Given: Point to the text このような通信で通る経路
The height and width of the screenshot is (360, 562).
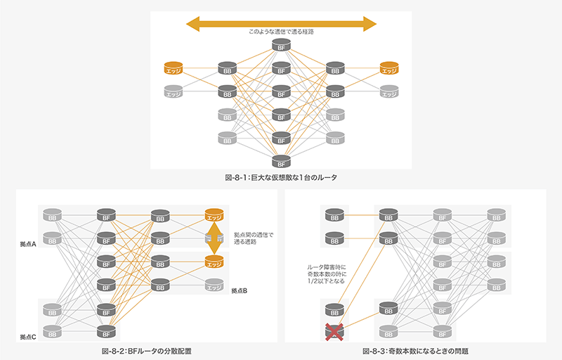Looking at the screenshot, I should [281, 33].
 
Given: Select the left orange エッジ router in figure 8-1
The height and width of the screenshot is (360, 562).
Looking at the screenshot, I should [174, 68].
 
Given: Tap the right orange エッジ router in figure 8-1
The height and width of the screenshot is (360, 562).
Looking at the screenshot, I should [388, 68].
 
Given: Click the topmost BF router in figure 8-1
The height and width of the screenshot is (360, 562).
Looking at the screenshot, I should [281, 46].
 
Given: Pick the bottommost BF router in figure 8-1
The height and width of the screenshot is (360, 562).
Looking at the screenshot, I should [281, 160].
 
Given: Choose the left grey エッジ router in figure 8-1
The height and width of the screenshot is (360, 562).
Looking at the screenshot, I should [174, 91].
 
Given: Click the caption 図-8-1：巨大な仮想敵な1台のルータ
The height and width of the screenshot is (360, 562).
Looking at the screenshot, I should [281, 178].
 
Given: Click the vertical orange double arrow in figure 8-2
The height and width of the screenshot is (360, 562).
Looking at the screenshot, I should [214, 240].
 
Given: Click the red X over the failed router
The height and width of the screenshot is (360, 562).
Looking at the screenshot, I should [334, 331].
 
